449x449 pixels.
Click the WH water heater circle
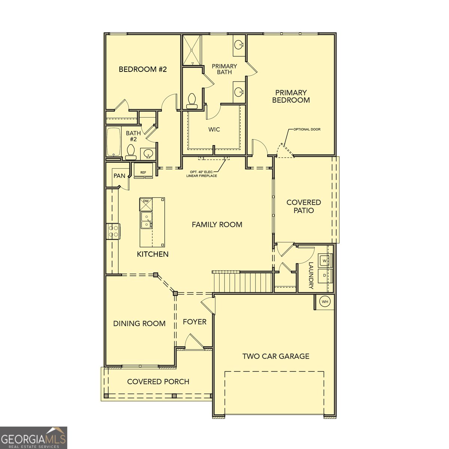click(x=325, y=302)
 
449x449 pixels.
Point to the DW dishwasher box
click(x=146, y=204)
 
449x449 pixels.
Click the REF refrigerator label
click(x=143, y=172)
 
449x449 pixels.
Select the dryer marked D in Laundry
click(x=324, y=275)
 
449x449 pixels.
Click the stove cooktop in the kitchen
click(x=113, y=231)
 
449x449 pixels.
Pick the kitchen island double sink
click(x=146, y=220)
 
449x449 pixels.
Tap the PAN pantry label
click(x=119, y=176)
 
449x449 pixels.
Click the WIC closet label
click(x=214, y=129)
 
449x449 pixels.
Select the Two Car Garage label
click(x=276, y=356)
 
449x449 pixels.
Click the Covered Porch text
click(x=158, y=382)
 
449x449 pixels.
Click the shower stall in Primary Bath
click(x=192, y=50)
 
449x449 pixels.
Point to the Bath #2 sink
click(x=149, y=153)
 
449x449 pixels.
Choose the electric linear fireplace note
click(x=202, y=174)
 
